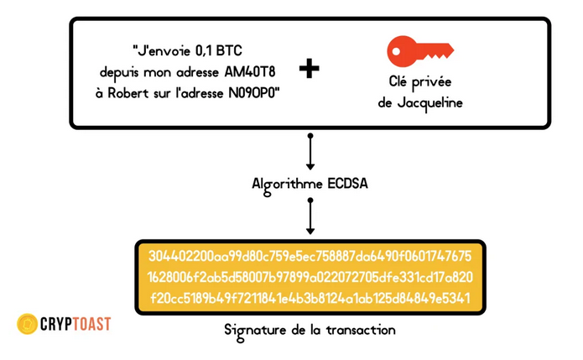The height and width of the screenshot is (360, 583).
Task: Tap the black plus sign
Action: pos(310,69)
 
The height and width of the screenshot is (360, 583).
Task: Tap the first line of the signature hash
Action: pos(310,256)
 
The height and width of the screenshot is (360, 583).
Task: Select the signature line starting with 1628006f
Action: pos(310,277)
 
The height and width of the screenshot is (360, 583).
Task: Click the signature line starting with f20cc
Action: pos(310,298)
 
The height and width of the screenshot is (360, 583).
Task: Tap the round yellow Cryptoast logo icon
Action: pos(27,323)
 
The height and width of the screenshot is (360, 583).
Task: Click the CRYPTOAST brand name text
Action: pos(75,323)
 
